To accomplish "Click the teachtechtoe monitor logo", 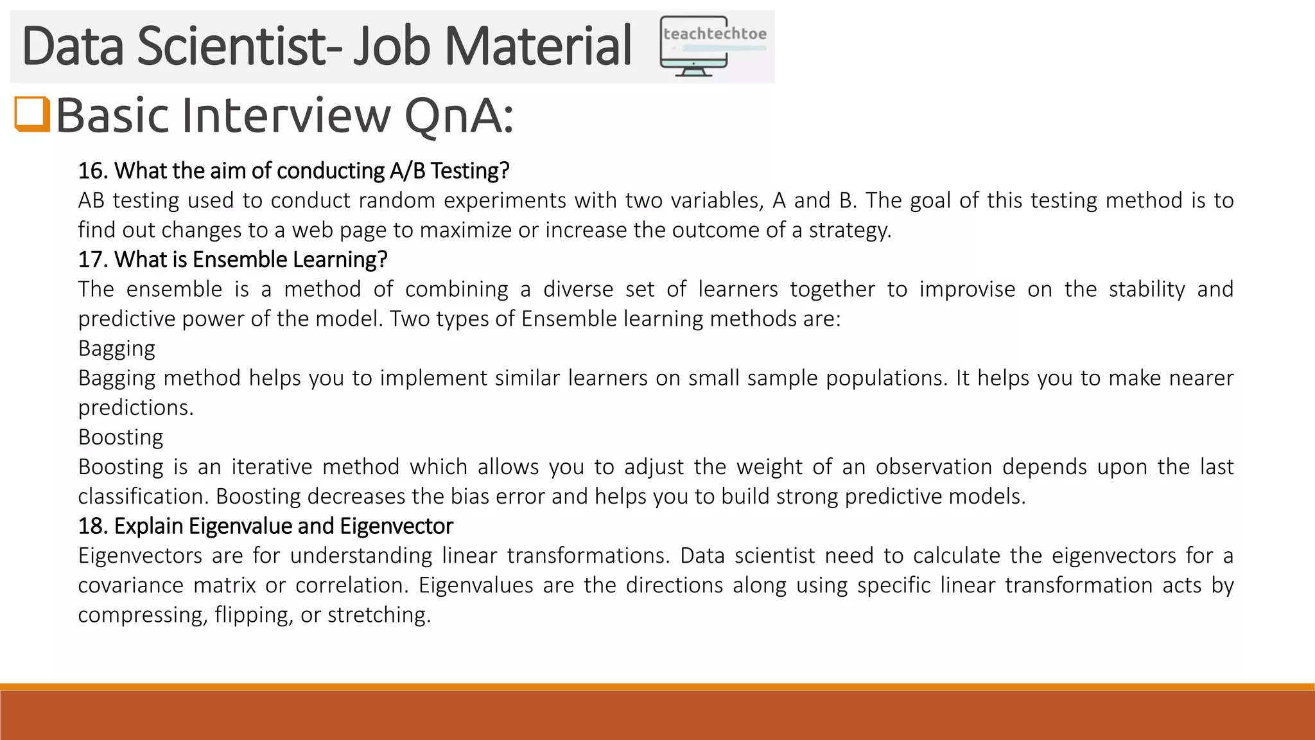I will click(713, 46).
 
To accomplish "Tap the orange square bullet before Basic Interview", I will click(32, 114).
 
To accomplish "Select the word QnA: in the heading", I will click(458, 116).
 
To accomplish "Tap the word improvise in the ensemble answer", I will click(967, 289).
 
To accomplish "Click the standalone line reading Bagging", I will click(117, 349).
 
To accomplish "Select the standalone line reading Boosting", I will click(121, 437).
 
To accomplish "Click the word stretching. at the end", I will click(379, 615).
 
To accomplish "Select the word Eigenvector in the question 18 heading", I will click(396, 526).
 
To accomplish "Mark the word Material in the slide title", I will click(537, 46).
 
